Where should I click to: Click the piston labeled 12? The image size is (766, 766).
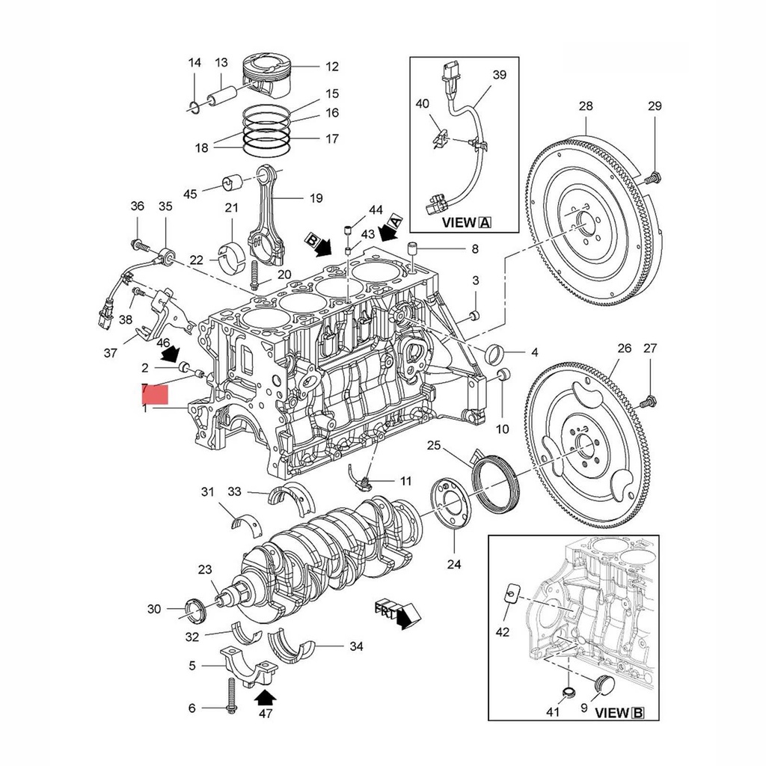pos(268,73)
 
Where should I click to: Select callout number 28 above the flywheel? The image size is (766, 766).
pos(585,107)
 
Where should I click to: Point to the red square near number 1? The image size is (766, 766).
pos(155,393)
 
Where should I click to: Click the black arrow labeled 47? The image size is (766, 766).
pos(266,698)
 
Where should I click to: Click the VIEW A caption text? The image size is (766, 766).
pos(466,222)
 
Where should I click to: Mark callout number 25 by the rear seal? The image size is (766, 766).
pos(434,447)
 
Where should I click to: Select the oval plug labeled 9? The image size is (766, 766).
pos(602,686)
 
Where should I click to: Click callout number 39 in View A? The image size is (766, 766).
pos(499,75)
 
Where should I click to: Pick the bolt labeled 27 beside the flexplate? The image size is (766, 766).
pos(648,402)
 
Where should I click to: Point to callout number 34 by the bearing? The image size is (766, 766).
pos(356,646)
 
